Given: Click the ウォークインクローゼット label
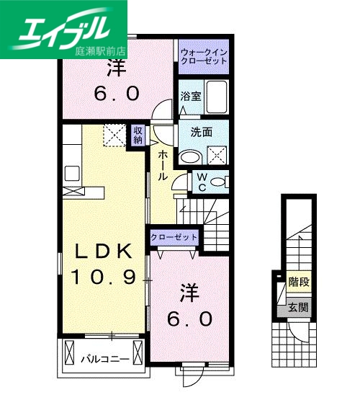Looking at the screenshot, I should [204, 56].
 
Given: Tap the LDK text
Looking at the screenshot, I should [104, 251].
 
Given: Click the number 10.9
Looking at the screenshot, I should [104, 276].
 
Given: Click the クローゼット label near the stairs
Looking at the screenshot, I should [174, 237].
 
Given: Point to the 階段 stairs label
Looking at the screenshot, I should [298, 282].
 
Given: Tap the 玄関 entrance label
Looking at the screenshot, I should [298, 307].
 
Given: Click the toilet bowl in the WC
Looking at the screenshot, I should [217, 182].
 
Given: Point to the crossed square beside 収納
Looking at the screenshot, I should [113, 135].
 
